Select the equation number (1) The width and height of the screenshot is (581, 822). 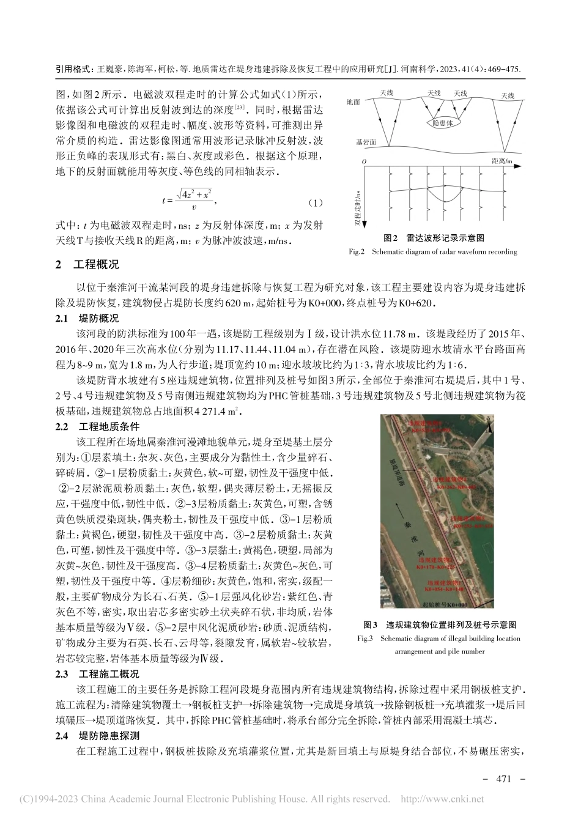314,202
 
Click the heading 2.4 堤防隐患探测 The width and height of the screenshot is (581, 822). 98,736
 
